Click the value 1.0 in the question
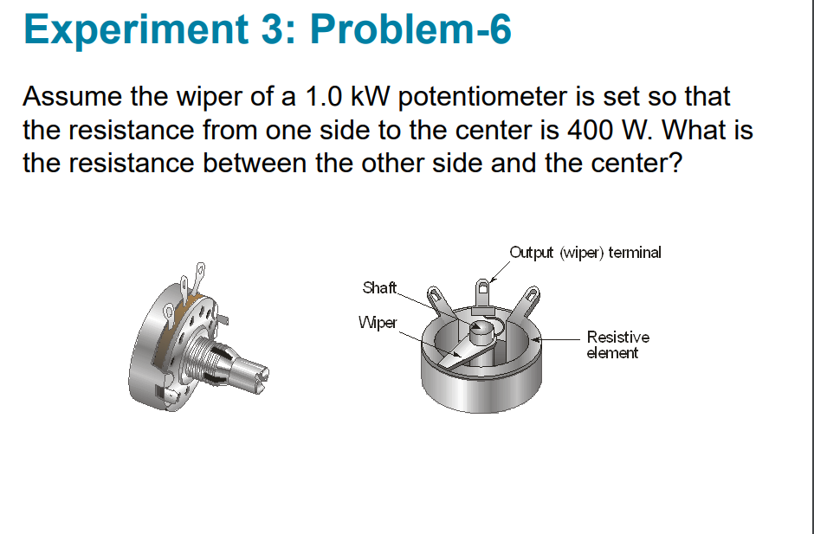tap(321, 96)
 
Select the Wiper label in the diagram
tap(378, 323)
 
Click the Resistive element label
tap(617, 344)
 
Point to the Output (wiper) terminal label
tap(585, 253)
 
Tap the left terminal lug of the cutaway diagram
tap(439, 301)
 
